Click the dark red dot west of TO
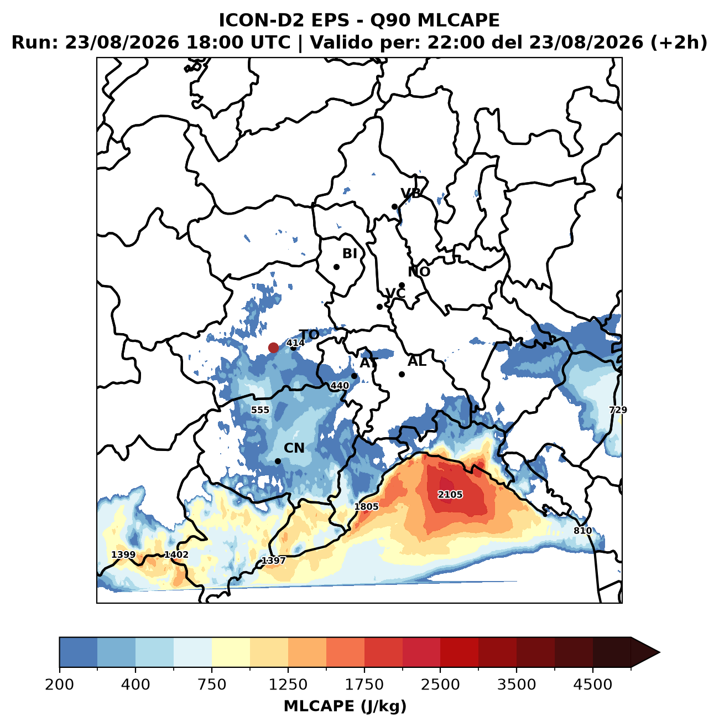(x=273, y=348)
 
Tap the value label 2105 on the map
(x=450, y=494)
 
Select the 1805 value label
(x=366, y=506)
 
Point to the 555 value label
(x=260, y=409)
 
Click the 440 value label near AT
(x=340, y=386)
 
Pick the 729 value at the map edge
(x=618, y=409)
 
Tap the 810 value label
(x=582, y=531)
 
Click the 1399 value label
(x=123, y=554)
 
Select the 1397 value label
(x=273, y=560)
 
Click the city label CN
(x=294, y=448)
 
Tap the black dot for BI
(x=337, y=267)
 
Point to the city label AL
(x=417, y=361)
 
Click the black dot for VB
(x=394, y=206)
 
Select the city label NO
(x=419, y=271)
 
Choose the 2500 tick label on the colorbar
(x=440, y=684)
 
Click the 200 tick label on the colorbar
(x=60, y=684)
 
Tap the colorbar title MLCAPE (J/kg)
(x=345, y=706)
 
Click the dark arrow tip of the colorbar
(x=659, y=652)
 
